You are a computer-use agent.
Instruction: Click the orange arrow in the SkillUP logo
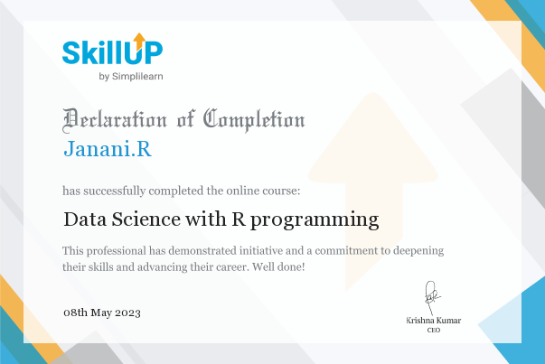(139, 41)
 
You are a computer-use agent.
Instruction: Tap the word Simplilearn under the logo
(137, 77)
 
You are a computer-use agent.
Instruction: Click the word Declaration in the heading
(115, 120)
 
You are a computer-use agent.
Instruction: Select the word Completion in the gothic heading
(254, 120)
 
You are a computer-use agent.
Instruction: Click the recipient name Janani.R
(108, 149)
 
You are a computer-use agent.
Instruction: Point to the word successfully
(115, 191)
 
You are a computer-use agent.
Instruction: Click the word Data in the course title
(85, 219)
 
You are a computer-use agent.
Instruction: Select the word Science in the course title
(146, 219)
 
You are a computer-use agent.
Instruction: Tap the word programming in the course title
(315, 220)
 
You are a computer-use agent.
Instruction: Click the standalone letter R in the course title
(239, 219)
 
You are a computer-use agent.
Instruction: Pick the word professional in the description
(117, 251)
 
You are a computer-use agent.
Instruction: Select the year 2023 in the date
(127, 313)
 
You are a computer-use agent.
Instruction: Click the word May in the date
(101, 313)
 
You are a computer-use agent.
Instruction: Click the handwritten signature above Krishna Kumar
(432, 298)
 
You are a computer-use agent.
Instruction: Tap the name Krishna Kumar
(434, 321)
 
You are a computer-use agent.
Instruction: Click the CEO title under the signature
(434, 330)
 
